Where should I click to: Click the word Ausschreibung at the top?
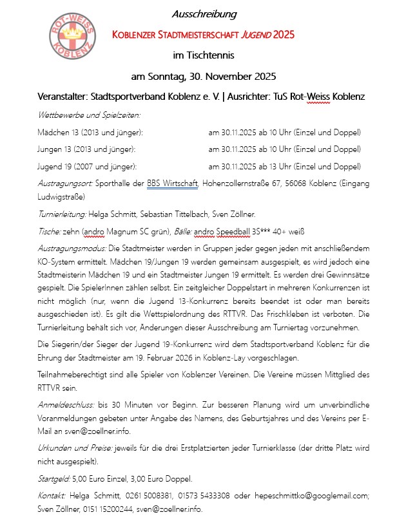pos(204,14)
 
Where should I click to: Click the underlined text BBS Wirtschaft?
pos(172,184)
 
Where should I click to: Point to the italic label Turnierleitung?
pos(64,214)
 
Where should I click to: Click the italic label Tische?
pos(50,231)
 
